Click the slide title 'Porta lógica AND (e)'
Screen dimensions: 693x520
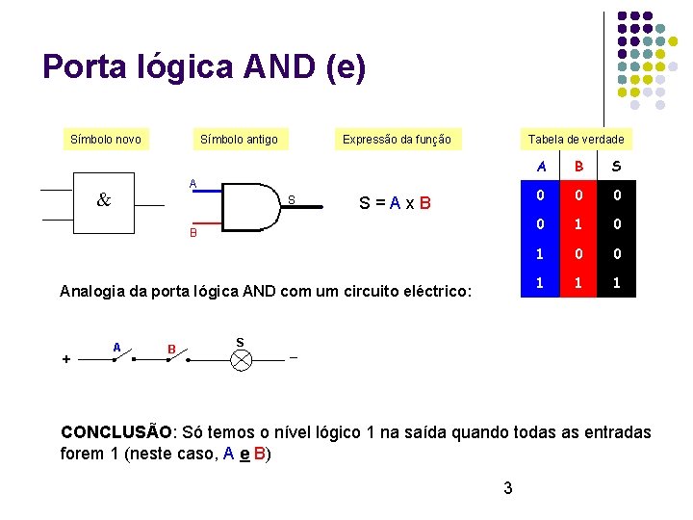tap(204, 67)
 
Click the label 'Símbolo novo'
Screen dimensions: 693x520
tap(106, 140)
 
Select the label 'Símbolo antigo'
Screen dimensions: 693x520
tap(239, 140)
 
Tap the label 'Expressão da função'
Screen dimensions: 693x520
tap(397, 140)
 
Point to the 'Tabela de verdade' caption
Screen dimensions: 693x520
tap(576, 140)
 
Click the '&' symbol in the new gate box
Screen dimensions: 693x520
tap(104, 200)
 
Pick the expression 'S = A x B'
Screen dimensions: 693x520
tap(395, 203)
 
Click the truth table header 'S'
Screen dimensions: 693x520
tap(616, 166)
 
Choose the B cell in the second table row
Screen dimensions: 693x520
tap(578, 225)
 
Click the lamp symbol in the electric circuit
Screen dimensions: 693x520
tap(241, 360)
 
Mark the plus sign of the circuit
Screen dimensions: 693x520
tap(65, 359)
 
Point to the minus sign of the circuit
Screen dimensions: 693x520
tap(294, 358)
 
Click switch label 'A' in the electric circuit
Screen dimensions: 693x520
tap(115, 347)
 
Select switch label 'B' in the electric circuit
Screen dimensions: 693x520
tap(171, 349)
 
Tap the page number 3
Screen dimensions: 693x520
tap(508, 489)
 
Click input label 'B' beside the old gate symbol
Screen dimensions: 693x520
tap(192, 233)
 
